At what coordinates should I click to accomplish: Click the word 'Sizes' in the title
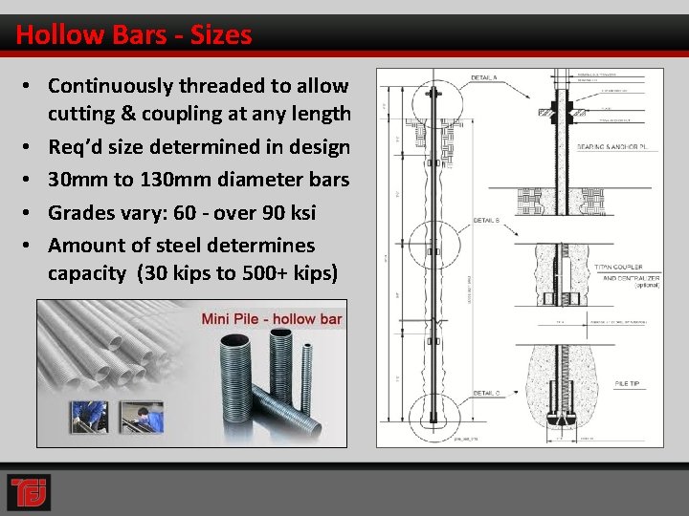click(221, 35)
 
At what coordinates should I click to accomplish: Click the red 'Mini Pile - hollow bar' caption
click(271, 318)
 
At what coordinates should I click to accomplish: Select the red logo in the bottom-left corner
click(29, 492)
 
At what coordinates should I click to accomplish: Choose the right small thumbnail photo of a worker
click(142, 417)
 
